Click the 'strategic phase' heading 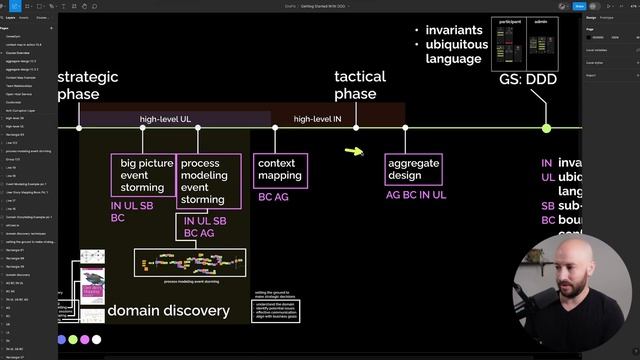click(x=88, y=85)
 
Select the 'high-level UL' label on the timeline click(x=165, y=119)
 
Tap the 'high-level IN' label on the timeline click(x=318, y=119)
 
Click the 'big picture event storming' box click(x=142, y=175)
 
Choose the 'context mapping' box click(x=279, y=168)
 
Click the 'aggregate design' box click(x=413, y=168)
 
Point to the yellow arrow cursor click(x=354, y=152)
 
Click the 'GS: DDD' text click(x=527, y=79)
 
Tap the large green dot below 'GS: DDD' click(x=546, y=128)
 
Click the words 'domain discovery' click(x=168, y=311)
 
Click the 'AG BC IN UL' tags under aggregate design click(x=416, y=195)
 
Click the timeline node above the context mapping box click(x=275, y=128)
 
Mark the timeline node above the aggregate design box click(x=405, y=128)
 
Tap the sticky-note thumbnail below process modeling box click(x=189, y=263)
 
